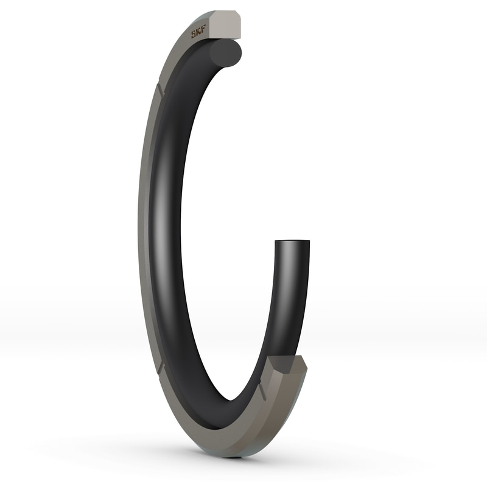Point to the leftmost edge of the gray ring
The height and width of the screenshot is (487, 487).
point(139,231)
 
